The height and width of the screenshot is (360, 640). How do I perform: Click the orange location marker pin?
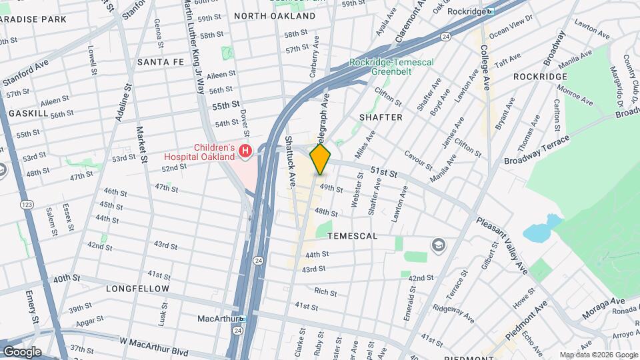click(321, 159)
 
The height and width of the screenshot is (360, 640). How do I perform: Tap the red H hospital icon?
click(245, 152)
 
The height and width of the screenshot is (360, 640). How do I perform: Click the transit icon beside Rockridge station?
click(490, 11)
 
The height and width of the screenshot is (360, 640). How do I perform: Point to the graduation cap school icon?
click(439, 245)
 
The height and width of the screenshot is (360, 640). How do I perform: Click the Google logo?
click(21, 352)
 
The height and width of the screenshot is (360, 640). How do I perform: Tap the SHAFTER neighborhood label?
click(381, 117)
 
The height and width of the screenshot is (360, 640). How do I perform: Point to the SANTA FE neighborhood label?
click(160, 61)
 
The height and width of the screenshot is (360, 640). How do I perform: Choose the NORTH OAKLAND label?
click(275, 15)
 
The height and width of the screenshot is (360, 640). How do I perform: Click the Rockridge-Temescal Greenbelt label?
click(391, 67)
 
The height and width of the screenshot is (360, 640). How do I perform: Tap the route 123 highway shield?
click(27, 204)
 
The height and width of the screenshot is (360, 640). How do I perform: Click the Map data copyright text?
click(597, 355)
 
